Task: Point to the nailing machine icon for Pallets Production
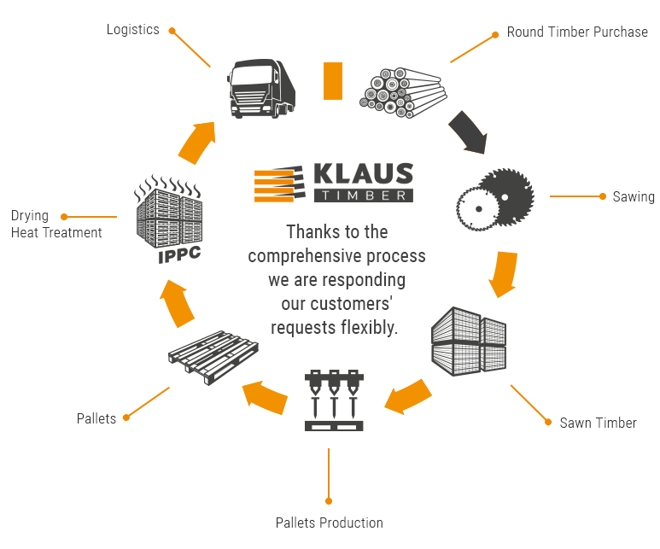pyautogui.click(x=334, y=399)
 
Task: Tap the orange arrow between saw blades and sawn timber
pyautogui.click(x=504, y=272)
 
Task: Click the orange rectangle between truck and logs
pyautogui.click(x=332, y=80)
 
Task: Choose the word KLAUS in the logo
pyautogui.click(x=363, y=174)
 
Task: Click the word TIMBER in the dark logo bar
pyautogui.click(x=363, y=196)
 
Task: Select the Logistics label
pyautogui.click(x=132, y=29)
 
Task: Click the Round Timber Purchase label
pyautogui.click(x=577, y=32)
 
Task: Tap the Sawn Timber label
pyautogui.click(x=598, y=423)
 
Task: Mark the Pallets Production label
pyautogui.click(x=329, y=523)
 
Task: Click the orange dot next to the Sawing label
pyautogui.click(x=603, y=196)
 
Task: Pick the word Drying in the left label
pyautogui.click(x=30, y=216)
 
